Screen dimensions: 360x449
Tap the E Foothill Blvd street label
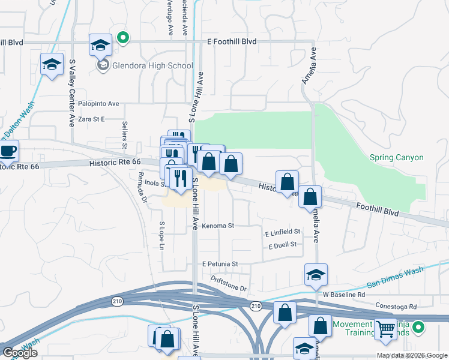click(231, 41)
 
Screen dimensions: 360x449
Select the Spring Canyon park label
click(396, 158)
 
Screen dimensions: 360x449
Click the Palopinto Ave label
click(98, 104)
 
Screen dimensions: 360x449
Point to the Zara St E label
click(91, 119)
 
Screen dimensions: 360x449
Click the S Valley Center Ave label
click(71, 93)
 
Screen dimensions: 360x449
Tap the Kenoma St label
click(217, 226)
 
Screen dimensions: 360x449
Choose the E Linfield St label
click(282, 232)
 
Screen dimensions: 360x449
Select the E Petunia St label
click(220, 263)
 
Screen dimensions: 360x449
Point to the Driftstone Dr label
click(229, 284)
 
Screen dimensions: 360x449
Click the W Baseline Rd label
click(343, 295)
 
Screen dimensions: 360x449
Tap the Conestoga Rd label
click(396, 307)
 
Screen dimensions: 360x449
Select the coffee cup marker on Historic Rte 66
click(7, 151)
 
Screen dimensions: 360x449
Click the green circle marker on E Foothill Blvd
click(123, 38)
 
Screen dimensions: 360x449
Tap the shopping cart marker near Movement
click(385, 329)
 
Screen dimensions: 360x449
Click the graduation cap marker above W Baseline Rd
click(316, 275)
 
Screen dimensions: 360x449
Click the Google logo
click(19, 352)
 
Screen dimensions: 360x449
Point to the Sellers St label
click(125, 134)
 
